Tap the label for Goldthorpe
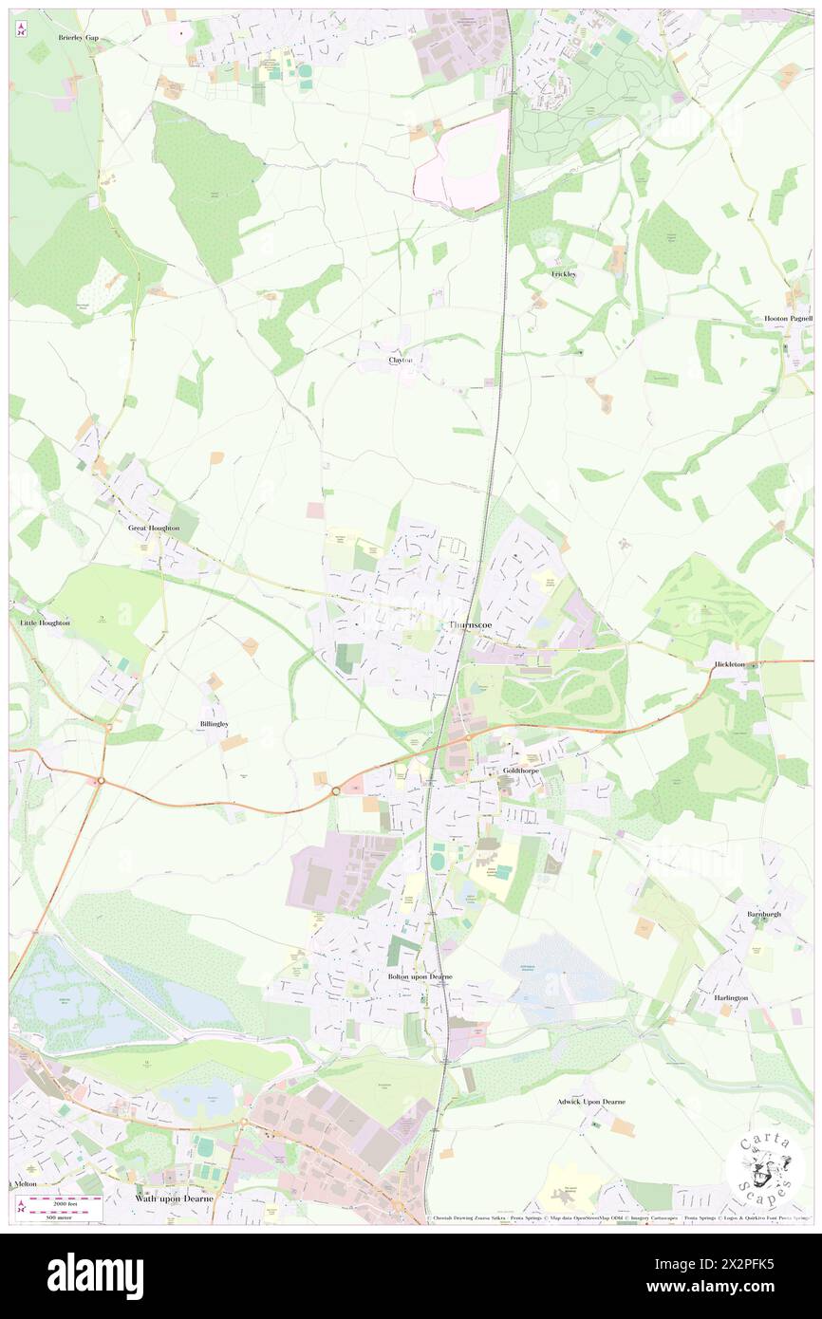coord(521,771)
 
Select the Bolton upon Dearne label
coord(420,976)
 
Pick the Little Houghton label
coord(45,622)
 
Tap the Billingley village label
coord(214,723)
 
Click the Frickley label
coord(564,273)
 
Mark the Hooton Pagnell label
coord(788,319)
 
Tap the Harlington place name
coord(731,998)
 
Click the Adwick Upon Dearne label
coord(591,1102)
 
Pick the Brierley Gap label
coord(78,37)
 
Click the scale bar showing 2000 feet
coord(61,1202)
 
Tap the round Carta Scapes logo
coord(764,1169)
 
